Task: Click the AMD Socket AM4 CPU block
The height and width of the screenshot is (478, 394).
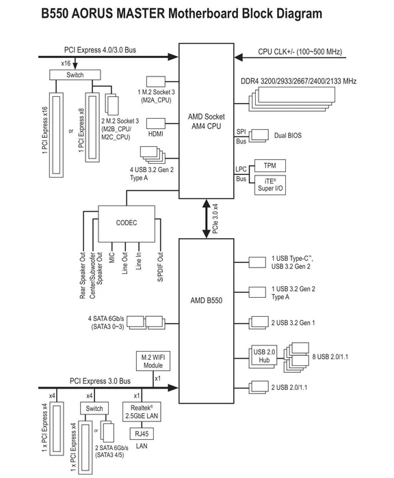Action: point(206,121)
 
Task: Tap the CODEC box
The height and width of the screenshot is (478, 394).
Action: point(127,224)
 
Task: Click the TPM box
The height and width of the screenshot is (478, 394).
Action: point(270,165)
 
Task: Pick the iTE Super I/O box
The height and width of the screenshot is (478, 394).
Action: point(270,185)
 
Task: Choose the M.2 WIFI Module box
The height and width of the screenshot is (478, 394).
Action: point(153,361)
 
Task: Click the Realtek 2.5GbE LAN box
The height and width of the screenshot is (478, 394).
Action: point(142,412)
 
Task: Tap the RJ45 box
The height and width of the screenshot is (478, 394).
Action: point(142,434)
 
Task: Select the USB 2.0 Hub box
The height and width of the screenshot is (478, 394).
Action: point(263,356)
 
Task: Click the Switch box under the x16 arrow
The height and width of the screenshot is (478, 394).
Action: point(75,75)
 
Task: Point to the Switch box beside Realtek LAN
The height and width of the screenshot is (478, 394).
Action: point(94,408)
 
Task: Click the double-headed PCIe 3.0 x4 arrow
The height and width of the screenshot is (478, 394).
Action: point(207,219)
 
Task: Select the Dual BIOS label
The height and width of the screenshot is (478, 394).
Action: point(288,135)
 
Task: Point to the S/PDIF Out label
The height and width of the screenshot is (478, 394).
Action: point(160,267)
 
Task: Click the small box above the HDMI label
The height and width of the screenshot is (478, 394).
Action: point(156,124)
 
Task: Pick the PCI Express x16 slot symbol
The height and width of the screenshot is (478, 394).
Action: point(56,135)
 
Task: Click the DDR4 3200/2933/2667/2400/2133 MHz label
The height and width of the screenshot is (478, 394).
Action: point(298,81)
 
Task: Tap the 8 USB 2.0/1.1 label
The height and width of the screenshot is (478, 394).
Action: point(330,356)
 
